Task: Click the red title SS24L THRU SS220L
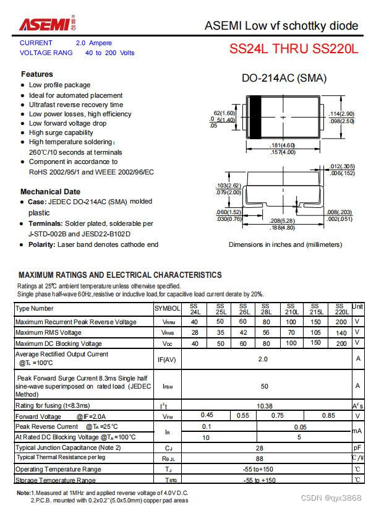point(294,49)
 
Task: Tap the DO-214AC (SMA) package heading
point(284,79)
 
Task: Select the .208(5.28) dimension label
point(283,220)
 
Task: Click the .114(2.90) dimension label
point(342,114)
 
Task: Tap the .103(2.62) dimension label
point(228,186)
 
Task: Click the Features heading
point(37,74)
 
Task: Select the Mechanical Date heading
point(50,192)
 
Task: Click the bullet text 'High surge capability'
point(61,132)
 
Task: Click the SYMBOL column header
point(167,308)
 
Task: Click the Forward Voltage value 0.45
point(207,416)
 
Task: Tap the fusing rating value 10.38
point(265,405)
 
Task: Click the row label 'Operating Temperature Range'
point(58,469)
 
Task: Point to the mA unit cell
point(357,431)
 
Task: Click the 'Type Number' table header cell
point(35,308)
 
